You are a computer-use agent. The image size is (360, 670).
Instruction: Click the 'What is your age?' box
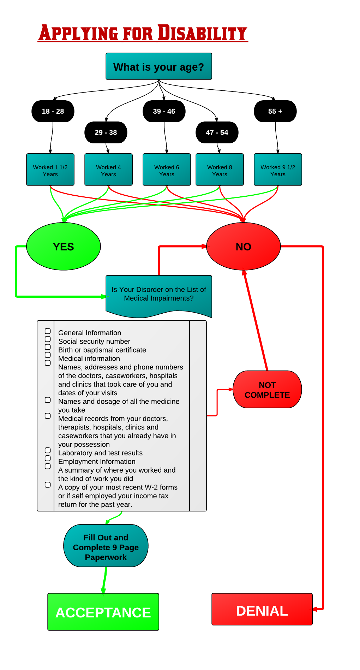159,66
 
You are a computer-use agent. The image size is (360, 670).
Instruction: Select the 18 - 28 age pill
53,111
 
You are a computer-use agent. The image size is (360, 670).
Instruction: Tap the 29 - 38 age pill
106,132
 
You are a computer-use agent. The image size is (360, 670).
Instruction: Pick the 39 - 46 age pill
164,111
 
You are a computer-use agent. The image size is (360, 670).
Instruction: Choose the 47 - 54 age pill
217,132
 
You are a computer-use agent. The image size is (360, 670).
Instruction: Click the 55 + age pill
275,111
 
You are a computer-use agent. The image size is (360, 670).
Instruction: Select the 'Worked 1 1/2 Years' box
50,170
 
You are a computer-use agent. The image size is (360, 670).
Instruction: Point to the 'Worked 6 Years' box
167,170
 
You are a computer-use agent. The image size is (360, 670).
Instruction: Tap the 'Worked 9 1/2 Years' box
278,170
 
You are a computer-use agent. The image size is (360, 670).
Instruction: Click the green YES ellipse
64,247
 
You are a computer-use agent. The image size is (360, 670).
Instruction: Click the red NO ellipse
244,247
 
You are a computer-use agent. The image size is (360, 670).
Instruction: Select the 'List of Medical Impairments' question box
159,294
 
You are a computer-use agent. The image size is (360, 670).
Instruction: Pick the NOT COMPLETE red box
267,390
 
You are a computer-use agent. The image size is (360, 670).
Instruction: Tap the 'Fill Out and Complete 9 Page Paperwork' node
106,546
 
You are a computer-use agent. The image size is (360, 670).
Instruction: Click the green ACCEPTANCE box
103,612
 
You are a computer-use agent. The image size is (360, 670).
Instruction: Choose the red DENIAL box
262,609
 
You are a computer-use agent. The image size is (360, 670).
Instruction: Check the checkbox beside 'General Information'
48,331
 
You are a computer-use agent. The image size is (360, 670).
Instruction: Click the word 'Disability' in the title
202,33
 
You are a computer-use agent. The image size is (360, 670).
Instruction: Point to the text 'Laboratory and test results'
100,453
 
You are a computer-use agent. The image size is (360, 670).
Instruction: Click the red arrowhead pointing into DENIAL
315,609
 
